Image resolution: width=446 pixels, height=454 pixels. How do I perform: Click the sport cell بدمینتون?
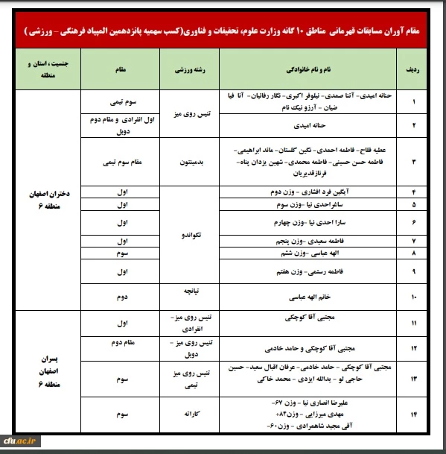192,159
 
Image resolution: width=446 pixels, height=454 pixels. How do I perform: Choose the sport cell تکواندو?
192,234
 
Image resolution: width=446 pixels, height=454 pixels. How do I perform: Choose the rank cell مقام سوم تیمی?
121,159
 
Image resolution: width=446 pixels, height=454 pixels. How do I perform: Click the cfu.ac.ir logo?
22,441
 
